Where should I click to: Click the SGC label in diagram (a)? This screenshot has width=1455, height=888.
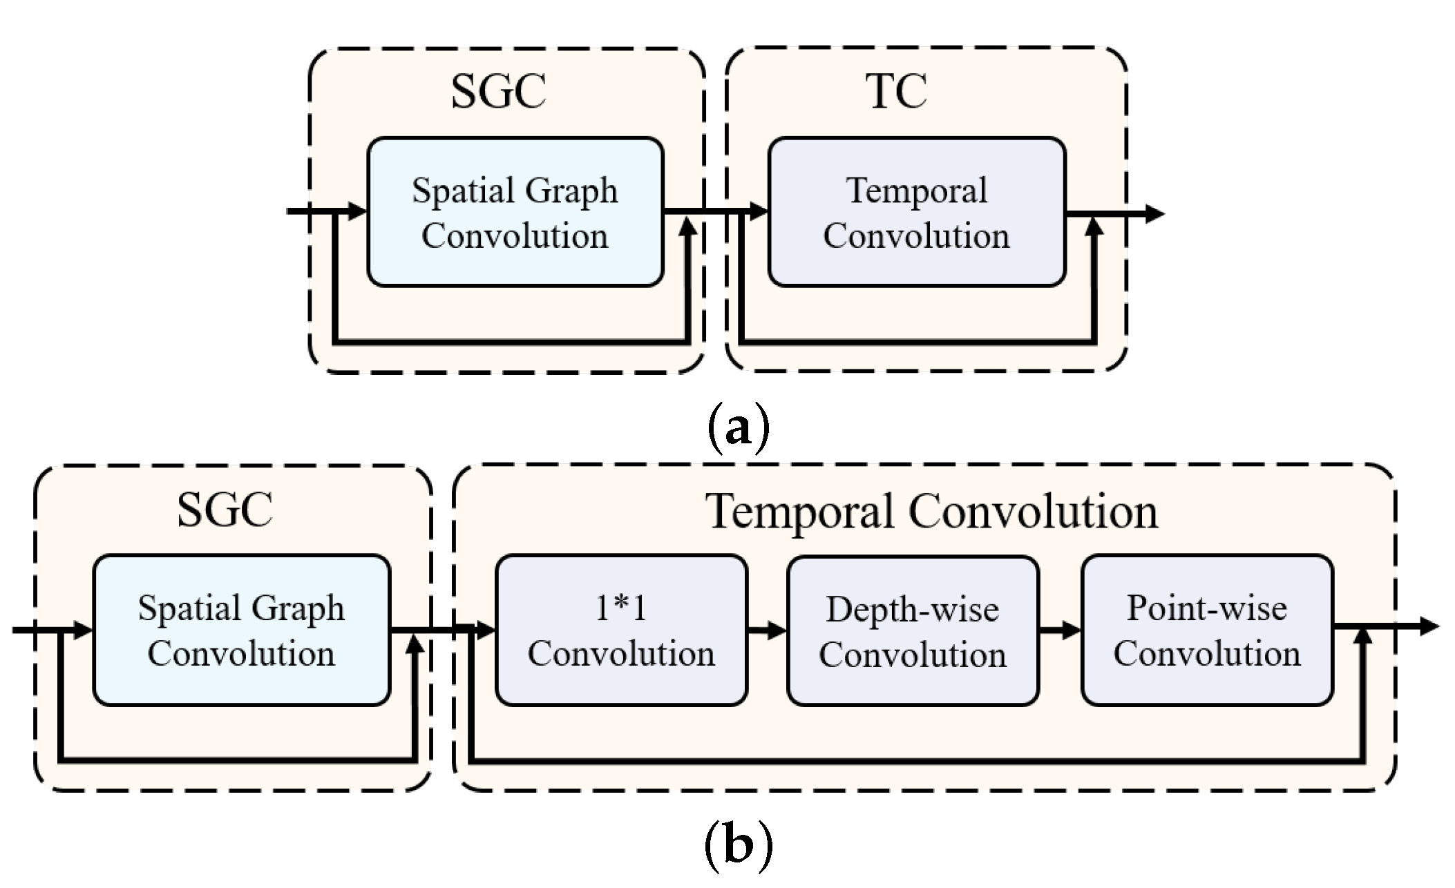(x=498, y=91)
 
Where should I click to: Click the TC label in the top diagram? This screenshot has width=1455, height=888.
(x=895, y=91)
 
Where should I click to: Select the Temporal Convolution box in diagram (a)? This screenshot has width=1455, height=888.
(x=916, y=212)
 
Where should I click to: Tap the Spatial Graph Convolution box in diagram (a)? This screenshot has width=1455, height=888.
(x=515, y=212)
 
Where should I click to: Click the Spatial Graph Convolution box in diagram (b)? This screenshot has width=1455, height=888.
(x=241, y=630)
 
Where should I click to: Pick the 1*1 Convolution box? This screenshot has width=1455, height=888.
(x=620, y=630)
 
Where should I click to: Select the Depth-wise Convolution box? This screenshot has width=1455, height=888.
(x=912, y=630)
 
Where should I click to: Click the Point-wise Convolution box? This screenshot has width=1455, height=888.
(x=1206, y=630)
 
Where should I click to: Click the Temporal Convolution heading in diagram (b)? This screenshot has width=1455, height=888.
(x=931, y=512)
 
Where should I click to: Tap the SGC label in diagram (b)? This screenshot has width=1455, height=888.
(x=225, y=510)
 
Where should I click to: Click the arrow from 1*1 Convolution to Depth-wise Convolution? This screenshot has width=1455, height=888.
(x=767, y=630)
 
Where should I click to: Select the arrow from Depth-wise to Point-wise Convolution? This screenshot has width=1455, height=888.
(x=1060, y=630)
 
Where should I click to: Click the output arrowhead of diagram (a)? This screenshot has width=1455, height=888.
(x=1154, y=213)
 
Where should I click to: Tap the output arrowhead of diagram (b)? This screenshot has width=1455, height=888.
(x=1429, y=626)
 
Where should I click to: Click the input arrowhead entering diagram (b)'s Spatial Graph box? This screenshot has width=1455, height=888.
(x=82, y=630)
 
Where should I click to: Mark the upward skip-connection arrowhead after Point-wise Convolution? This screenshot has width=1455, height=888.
(x=1362, y=637)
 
